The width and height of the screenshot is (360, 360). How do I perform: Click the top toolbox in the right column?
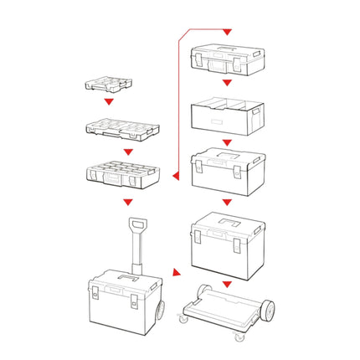[x=226, y=59]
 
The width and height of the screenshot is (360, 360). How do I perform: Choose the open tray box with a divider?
[x=226, y=115]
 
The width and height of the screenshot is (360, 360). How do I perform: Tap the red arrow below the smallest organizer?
[x=107, y=102]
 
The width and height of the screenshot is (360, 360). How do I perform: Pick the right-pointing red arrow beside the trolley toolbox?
[x=173, y=272]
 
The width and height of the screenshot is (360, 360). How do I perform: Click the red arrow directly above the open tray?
[x=226, y=84]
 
